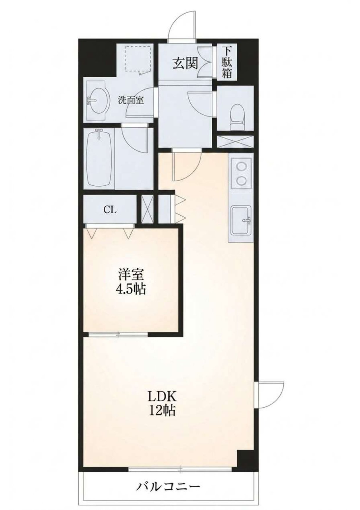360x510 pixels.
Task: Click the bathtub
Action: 100,159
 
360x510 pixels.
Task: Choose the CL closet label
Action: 110,210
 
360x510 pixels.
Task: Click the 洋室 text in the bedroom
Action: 131,275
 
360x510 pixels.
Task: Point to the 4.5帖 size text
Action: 131,289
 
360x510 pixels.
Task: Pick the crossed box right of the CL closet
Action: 147,209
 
